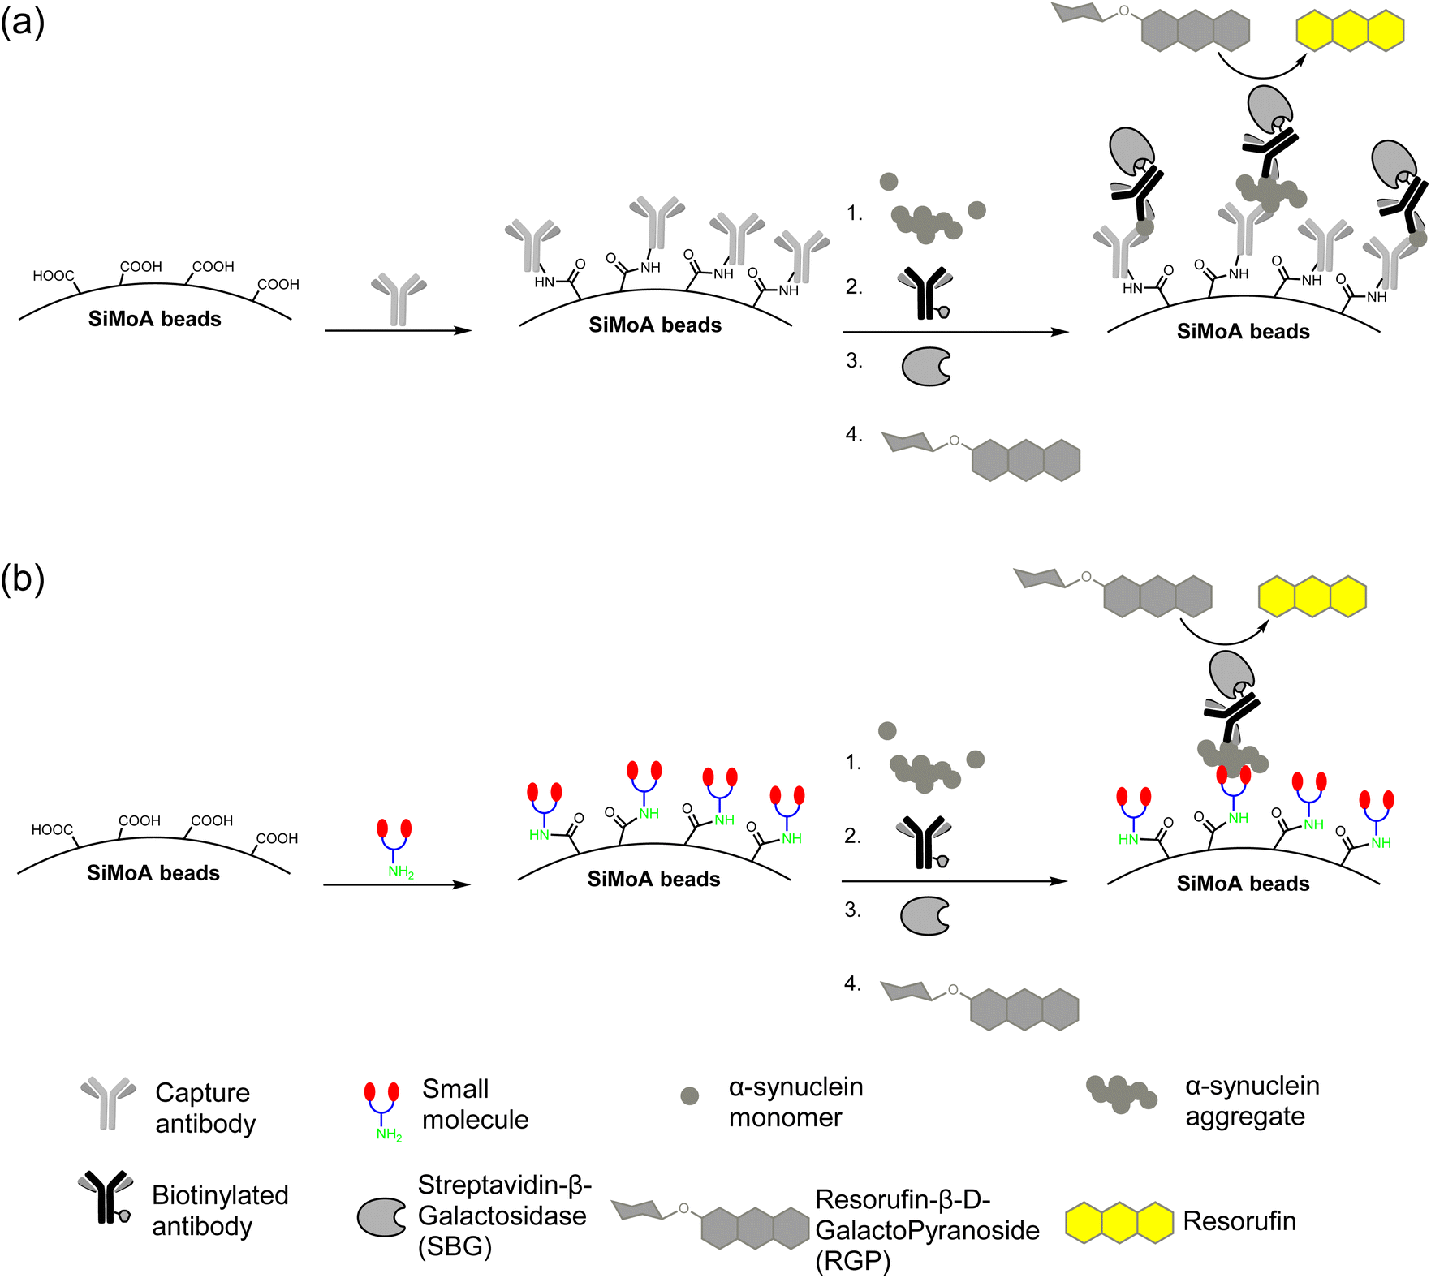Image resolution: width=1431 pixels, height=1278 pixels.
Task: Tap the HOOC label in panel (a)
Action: tap(54, 276)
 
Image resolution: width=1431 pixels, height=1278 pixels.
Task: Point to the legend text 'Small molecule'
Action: tap(475, 1104)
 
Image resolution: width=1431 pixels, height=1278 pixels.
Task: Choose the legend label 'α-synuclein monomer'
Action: tap(795, 1102)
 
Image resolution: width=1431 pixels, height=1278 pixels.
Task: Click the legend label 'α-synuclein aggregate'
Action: tap(1252, 1101)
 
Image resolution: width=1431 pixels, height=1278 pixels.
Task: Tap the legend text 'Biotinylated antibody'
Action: tap(220, 1211)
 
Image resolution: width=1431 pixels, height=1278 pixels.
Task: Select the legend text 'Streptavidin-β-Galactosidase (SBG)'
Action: tap(504, 1216)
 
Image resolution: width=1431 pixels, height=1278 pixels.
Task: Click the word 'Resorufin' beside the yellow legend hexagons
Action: tap(1239, 1221)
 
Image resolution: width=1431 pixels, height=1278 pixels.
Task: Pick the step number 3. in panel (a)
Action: tap(854, 360)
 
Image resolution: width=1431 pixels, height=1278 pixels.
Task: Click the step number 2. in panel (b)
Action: tap(852, 836)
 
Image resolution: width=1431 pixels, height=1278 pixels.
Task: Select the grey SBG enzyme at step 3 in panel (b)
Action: tap(925, 916)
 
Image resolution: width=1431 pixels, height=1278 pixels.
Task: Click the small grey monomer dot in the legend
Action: tap(689, 1096)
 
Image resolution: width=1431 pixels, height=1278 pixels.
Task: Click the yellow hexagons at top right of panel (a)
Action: tap(1350, 31)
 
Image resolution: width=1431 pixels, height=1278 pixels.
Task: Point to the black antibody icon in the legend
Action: tap(106, 1197)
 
